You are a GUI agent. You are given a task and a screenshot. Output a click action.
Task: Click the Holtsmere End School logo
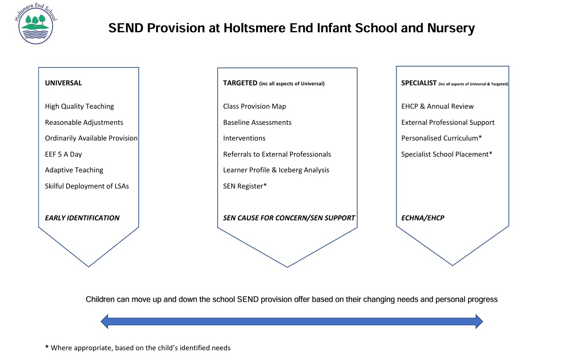pyautogui.click(x=36, y=25)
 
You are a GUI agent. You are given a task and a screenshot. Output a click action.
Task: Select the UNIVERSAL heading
pyautogui.click(x=63, y=83)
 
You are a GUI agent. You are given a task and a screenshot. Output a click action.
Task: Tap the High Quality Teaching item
pyautogui.click(x=79, y=107)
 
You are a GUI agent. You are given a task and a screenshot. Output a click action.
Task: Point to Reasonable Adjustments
pyautogui.click(x=84, y=123)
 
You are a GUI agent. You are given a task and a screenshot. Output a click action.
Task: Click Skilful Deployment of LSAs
pyautogui.click(x=87, y=186)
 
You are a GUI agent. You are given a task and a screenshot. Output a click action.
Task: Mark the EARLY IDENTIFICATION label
pyautogui.click(x=82, y=218)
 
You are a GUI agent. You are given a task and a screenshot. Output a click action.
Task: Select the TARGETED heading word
pyautogui.click(x=240, y=83)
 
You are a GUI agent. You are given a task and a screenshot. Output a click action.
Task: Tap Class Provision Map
pyautogui.click(x=255, y=107)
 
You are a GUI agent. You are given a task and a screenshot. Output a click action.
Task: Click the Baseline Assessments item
pyautogui.click(x=257, y=123)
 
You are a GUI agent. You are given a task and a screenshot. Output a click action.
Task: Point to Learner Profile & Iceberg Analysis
pyautogui.click(x=276, y=170)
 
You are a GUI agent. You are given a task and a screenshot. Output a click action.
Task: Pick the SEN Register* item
pyautogui.click(x=245, y=186)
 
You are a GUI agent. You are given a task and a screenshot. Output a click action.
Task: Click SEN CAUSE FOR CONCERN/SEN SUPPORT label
pyautogui.click(x=289, y=218)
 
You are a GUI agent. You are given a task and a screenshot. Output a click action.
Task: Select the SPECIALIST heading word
pyautogui.click(x=419, y=83)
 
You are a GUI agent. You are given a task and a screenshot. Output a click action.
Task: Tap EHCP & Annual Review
pyautogui.click(x=437, y=107)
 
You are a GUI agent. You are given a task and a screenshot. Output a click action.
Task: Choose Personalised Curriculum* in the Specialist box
pyautogui.click(x=441, y=138)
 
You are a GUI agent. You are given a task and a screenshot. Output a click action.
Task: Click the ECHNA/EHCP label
pyautogui.click(x=423, y=218)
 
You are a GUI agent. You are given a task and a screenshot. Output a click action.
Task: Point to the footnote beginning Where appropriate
pyautogui.click(x=140, y=348)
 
